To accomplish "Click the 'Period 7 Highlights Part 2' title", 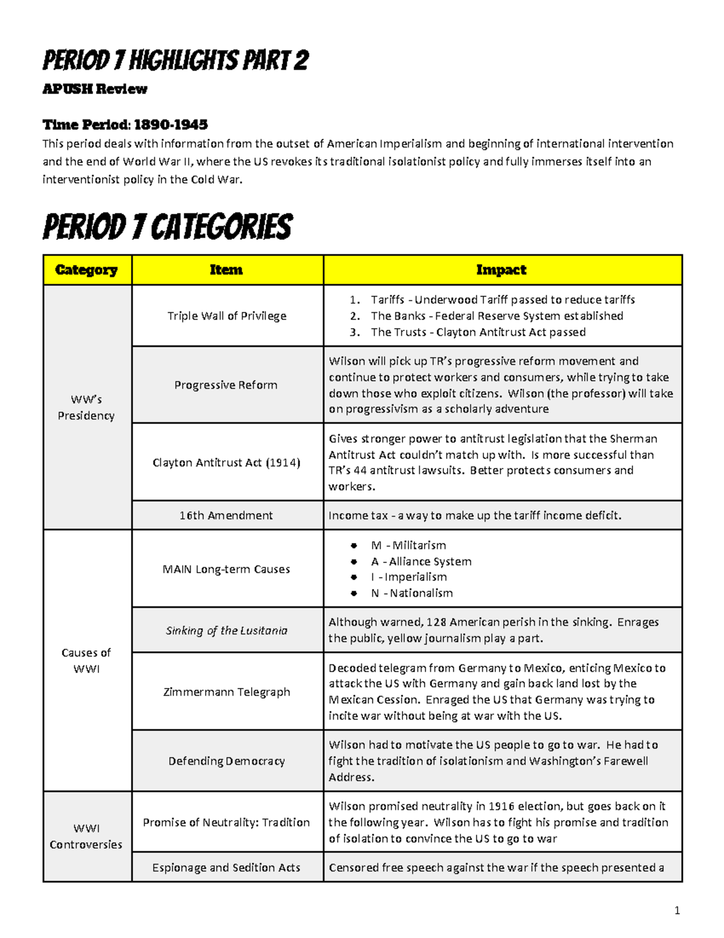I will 175,60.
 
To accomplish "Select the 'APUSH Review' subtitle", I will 95,89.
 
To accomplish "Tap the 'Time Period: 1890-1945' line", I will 125,124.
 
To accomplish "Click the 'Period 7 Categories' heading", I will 167,228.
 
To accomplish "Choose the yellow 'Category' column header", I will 86,270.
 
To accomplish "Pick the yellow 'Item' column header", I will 226,270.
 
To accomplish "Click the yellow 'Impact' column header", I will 501,270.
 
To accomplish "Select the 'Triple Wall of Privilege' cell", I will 227,316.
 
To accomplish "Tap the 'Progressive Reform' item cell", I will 226,385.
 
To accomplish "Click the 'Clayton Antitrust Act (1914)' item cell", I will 226,463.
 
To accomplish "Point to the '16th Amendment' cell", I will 226,515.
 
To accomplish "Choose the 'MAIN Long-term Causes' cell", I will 226,569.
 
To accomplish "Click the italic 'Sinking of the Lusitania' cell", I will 226,631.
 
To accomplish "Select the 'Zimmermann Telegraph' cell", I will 226,692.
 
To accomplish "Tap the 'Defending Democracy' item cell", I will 226,761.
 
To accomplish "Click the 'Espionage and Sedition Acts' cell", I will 226,867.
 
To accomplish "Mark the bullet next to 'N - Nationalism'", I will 354,594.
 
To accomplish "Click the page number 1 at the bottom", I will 677,910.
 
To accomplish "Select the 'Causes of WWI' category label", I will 86,661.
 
